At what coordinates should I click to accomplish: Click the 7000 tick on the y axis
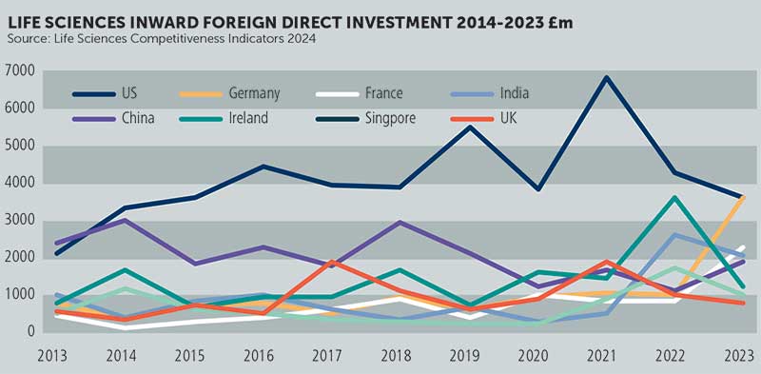click(20, 71)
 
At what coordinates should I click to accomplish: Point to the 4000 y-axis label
click(20, 184)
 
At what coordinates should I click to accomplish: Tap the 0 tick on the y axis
click(31, 332)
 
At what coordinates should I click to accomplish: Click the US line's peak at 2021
click(606, 77)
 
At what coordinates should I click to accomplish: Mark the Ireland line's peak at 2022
click(674, 198)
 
